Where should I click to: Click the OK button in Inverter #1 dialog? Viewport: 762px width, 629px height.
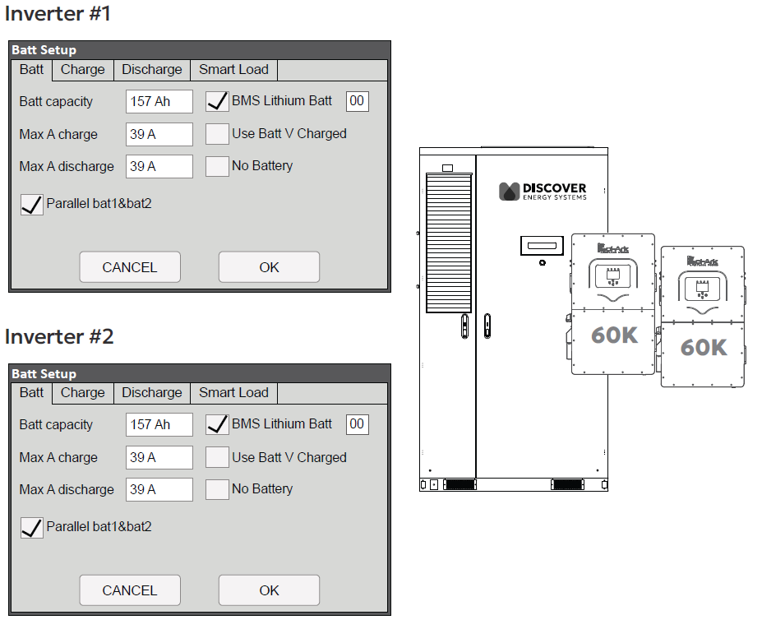[x=269, y=267]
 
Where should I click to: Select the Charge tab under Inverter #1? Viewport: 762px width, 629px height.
[x=82, y=70]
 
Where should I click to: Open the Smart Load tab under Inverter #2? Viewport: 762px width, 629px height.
[x=233, y=393]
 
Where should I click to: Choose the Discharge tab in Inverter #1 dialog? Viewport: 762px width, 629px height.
[x=151, y=70]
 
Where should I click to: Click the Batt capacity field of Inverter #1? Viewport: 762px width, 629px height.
[x=159, y=102]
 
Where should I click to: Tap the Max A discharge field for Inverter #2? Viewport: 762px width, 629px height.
[x=159, y=490]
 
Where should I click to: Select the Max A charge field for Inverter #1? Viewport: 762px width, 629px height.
[x=159, y=134]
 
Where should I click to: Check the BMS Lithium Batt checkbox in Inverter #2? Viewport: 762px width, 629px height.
[x=217, y=425]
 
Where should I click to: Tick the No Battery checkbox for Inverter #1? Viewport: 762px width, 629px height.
[x=217, y=166]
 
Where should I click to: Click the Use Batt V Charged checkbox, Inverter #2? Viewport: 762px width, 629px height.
[x=217, y=457]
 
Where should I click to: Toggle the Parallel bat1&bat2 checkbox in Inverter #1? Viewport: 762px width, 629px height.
[x=31, y=204]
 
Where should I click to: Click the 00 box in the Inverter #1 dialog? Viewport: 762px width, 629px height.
[x=357, y=101]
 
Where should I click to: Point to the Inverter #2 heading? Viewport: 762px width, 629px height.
[x=59, y=337]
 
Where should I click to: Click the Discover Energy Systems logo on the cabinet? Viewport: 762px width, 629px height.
[x=543, y=192]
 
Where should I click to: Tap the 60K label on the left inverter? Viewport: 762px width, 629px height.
[x=614, y=335]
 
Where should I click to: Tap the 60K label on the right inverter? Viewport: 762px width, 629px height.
[x=704, y=347]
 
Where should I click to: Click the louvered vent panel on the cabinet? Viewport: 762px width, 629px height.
[x=449, y=243]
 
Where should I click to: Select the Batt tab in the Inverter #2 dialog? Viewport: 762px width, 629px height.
[x=31, y=393]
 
